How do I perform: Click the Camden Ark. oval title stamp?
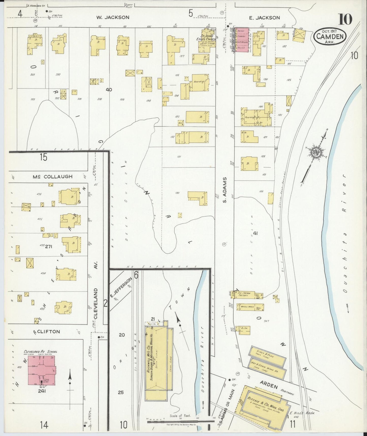click(x=330, y=36)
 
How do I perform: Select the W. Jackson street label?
click(x=113, y=17)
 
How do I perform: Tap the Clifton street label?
click(x=46, y=331)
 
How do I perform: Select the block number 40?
click(x=109, y=90)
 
